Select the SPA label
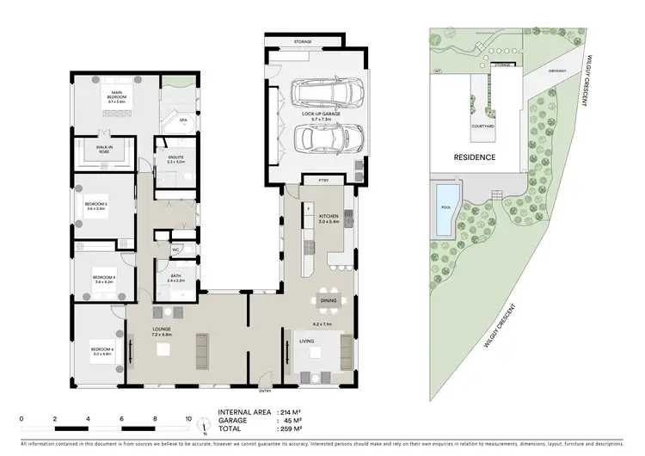[182, 120]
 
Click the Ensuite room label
[175, 159]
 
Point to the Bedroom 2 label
[95, 206]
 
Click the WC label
[175, 250]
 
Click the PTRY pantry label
[324, 181]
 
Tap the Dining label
[328, 300]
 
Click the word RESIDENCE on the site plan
[475, 158]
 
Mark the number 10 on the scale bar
[189, 419]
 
